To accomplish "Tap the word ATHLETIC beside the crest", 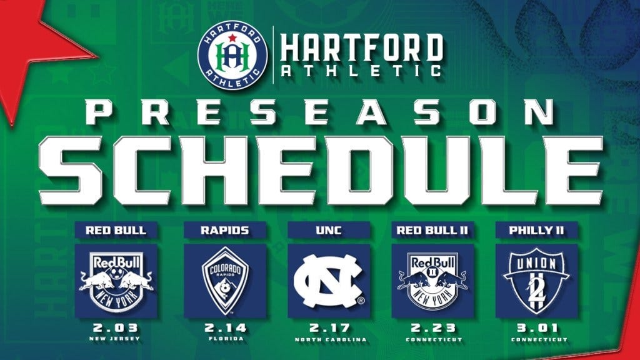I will pyautogui.click(x=361, y=70).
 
